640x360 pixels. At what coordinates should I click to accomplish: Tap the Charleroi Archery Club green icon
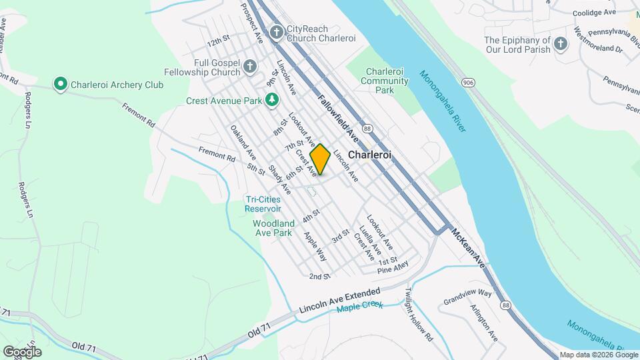[61, 84]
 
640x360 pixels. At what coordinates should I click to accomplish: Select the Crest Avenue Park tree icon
[271, 100]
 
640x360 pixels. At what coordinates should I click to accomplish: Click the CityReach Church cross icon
[277, 31]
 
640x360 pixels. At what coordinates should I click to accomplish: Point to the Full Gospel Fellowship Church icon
[250, 66]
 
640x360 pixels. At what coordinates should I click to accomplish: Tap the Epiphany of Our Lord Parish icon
[560, 45]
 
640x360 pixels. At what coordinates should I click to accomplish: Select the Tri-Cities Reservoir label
[263, 203]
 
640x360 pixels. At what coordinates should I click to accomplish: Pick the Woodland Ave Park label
[273, 228]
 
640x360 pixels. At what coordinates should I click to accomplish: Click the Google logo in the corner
[22, 351]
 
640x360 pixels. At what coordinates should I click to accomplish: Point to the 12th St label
[218, 42]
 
